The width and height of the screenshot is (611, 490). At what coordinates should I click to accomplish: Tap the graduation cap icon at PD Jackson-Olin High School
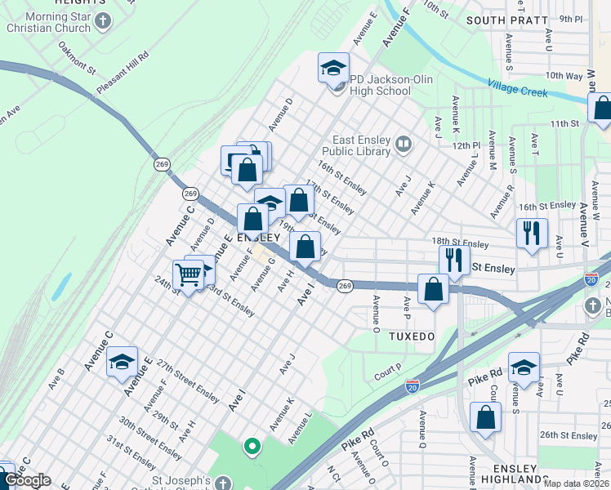(333, 68)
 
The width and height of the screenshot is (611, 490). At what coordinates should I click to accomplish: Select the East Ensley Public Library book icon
(403, 145)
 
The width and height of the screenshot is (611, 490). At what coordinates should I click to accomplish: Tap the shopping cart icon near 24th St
(188, 275)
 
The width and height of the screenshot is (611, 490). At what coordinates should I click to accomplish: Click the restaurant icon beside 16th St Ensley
(532, 232)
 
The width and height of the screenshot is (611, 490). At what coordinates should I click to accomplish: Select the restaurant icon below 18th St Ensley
(454, 260)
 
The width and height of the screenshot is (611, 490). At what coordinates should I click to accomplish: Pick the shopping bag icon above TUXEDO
(433, 288)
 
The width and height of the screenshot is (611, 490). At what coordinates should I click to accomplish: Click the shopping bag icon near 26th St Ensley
(486, 417)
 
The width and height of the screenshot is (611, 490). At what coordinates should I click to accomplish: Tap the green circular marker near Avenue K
(252, 446)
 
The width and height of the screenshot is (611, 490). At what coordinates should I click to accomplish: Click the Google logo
(27, 481)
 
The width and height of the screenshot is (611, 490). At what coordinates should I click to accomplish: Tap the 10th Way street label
(564, 75)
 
